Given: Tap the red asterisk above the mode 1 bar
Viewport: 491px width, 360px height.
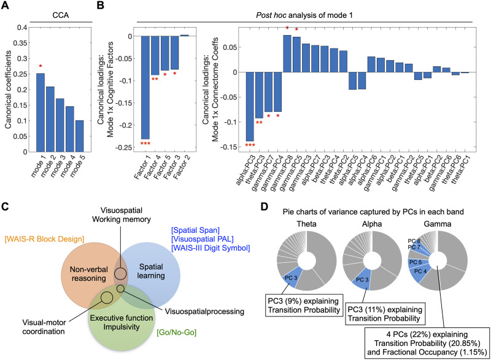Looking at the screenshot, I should pos(40,66).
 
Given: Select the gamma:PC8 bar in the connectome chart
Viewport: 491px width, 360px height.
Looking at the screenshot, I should pos(287,53).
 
